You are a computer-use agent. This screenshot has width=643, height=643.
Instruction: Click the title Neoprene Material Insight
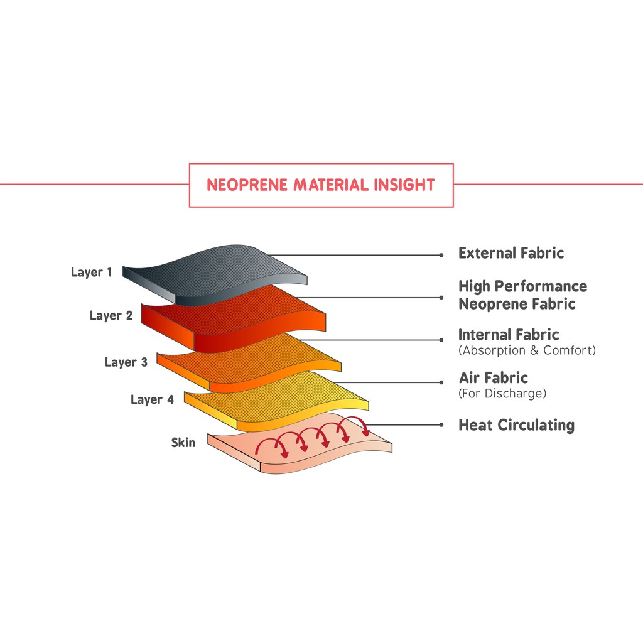tap(321, 185)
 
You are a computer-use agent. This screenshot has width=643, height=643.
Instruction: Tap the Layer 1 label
tap(92, 273)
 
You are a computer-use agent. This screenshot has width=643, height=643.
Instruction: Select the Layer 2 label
tap(111, 315)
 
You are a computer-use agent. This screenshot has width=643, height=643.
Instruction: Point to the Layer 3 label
tap(126, 362)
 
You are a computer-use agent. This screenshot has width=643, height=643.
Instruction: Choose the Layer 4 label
tap(152, 399)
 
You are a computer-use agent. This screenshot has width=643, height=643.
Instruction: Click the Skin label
tap(183, 443)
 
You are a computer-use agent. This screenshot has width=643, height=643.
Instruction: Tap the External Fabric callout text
tap(511, 253)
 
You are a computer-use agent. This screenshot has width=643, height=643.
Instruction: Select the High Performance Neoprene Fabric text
tap(522, 295)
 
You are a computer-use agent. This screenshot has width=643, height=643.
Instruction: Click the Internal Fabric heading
tap(509, 335)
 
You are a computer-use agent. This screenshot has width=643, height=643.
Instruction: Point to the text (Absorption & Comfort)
tap(527, 350)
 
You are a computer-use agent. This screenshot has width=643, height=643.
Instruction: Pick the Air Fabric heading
tap(494, 377)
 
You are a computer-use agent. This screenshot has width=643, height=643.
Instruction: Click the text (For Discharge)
tap(502, 394)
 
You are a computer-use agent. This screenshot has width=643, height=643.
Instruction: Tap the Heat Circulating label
tap(516, 425)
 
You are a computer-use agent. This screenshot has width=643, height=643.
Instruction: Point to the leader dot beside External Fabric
tap(441, 255)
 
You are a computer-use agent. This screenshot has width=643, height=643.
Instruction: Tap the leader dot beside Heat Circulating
tap(441, 425)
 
